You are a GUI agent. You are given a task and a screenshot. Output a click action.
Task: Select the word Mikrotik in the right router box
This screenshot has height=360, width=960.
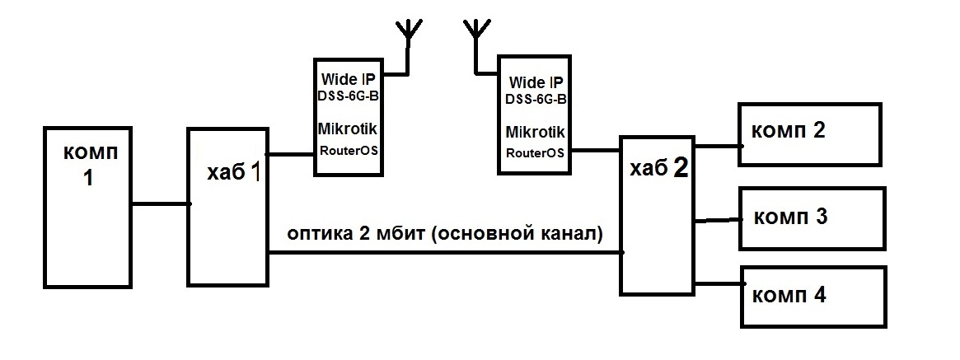coord(536,132)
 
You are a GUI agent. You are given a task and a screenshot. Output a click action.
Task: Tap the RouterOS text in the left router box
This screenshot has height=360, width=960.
coord(349,152)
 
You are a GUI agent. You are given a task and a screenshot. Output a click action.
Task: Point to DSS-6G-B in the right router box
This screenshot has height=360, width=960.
coord(536,100)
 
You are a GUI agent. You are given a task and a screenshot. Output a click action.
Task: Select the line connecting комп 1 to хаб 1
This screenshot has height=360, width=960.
coord(160,203)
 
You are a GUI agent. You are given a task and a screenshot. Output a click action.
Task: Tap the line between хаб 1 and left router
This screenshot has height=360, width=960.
coord(290,152)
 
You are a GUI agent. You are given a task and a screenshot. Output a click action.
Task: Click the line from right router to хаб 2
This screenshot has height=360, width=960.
coord(596,149)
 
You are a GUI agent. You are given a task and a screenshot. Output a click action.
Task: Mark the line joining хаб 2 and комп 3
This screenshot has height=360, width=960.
coord(719,220)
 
